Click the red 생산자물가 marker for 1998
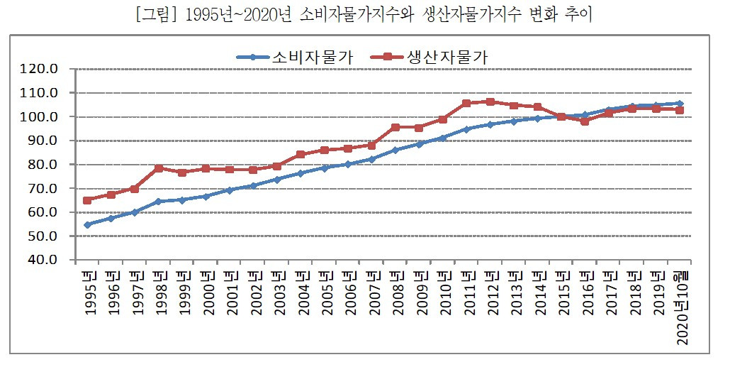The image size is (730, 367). pyautogui.click(x=159, y=168)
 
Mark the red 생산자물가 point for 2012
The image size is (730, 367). pyautogui.click(x=490, y=102)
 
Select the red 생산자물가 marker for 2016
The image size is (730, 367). pyautogui.click(x=585, y=121)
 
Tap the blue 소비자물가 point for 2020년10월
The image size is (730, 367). pyautogui.click(x=680, y=104)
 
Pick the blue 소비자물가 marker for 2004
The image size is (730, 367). pyautogui.click(x=301, y=173)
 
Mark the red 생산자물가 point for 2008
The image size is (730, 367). pyautogui.click(x=395, y=128)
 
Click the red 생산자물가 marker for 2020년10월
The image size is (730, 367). pyautogui.click(x=680, y=110)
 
